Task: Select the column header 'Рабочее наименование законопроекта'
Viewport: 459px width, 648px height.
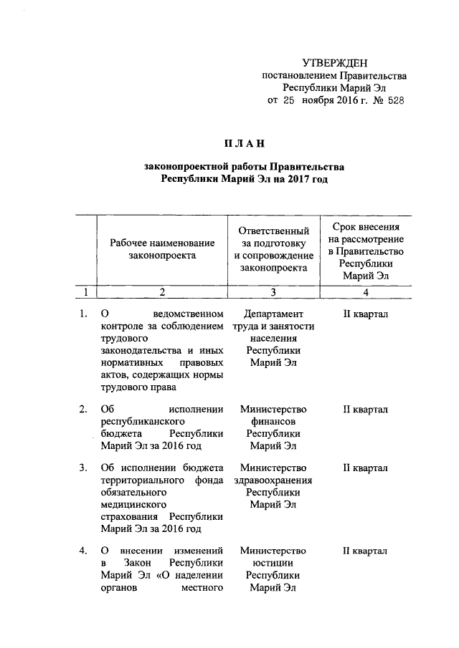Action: (162, 248)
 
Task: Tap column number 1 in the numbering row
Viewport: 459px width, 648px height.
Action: (86, 291)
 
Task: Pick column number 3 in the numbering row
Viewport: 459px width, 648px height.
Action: (273, 291)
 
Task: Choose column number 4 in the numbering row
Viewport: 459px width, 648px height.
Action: (366, 291)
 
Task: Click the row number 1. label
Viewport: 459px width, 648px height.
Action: (84, 313)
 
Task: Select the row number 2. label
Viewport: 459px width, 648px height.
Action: (84, 409)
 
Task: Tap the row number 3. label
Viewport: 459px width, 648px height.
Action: (84, 468)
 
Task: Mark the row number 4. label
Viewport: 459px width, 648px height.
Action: (84, 551)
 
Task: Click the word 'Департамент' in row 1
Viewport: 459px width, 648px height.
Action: (273, 313)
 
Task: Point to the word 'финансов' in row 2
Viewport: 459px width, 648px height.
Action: (273, 422)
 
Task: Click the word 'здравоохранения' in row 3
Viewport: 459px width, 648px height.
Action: (273, 480)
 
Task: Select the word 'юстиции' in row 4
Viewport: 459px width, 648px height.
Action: (273, 564)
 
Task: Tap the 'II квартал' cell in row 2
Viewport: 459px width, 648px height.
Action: (366, 409)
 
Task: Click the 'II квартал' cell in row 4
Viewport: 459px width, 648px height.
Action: (366, 551)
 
